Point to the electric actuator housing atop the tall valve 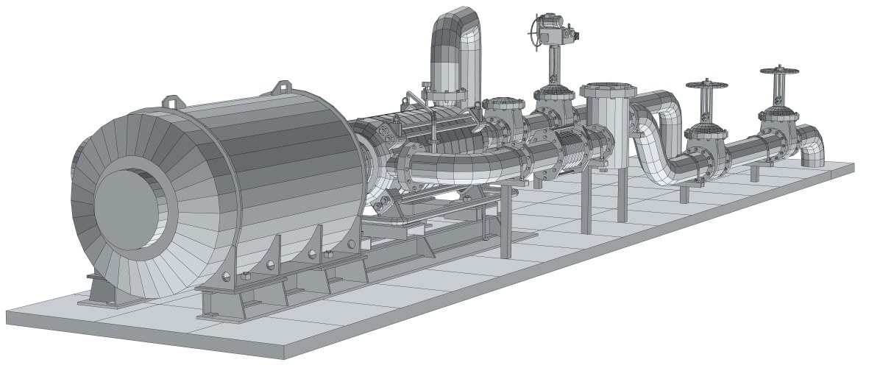coord(559,30)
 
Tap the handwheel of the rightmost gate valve coord(778,72)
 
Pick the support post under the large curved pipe coord(506,221)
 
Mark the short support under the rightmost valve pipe coord(755,172)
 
